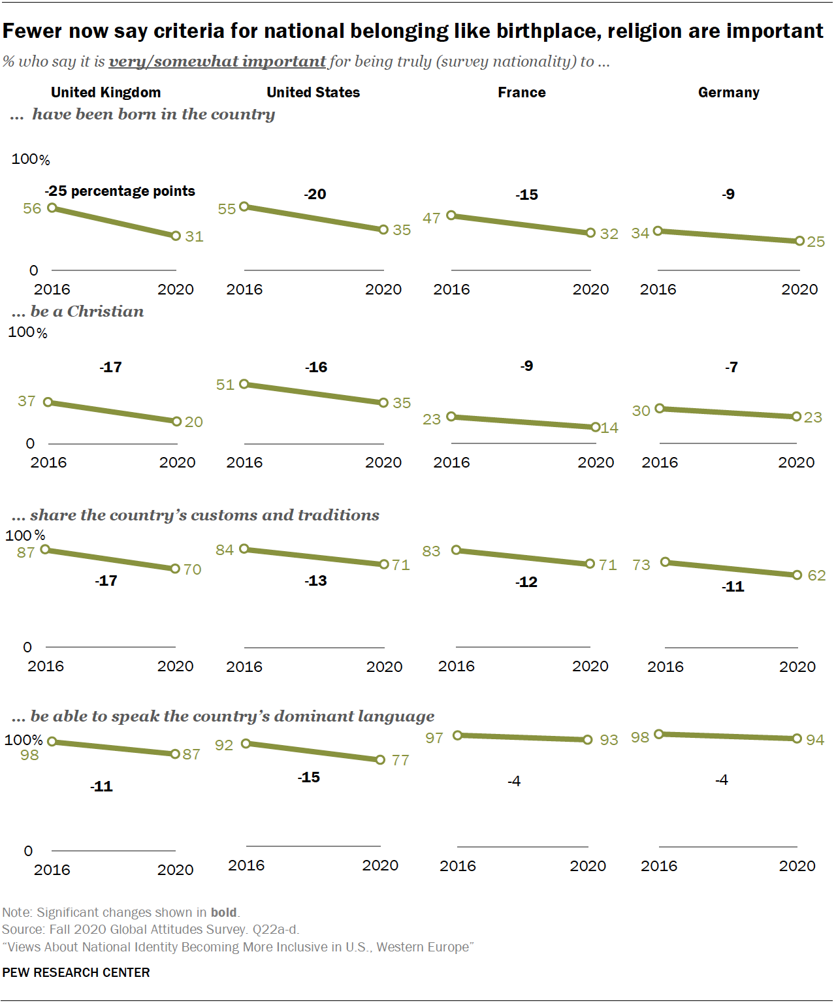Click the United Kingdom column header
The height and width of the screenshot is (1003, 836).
click(x=106, y=93)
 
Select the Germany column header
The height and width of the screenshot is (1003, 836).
click(x=728, y=93)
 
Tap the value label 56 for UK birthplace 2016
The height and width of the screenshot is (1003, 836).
click(x=32, y=209)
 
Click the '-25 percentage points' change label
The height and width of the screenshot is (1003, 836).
click(x=120, y=191)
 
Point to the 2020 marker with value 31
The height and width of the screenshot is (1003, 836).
click(x=176, y=236)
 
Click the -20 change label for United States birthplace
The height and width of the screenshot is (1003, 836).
click(x=315, y=195)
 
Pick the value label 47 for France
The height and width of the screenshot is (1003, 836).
click(x=431, y=218)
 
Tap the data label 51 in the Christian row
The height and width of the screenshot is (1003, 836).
click(x=225, y=385)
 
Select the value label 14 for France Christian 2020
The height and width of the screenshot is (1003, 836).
click(x=609, y=428)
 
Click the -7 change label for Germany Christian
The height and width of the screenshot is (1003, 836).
click(x=731, y=368)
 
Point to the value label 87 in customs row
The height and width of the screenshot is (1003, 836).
click(x=25, y=552)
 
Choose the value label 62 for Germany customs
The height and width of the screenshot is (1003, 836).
click(x=816, y=575)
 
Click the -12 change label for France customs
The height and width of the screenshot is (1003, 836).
click(x=526, y=582)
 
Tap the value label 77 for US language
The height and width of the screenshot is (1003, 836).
click(x=400, y=760)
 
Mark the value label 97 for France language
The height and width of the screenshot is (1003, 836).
click(x=434, y=738)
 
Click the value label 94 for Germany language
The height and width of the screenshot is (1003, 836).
click(x=815, y=740)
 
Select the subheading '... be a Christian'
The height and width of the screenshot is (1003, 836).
click(x=78, y=311)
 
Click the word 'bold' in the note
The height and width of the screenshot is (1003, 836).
click(x=223, y=912)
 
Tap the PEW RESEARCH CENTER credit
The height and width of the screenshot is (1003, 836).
click(x=76, y=972)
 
